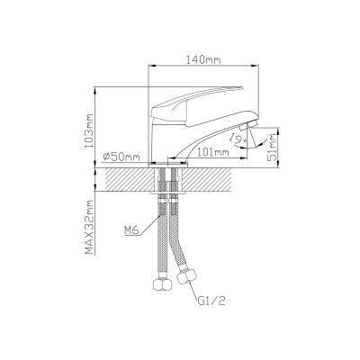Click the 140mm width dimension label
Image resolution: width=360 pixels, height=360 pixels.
pos(203,59)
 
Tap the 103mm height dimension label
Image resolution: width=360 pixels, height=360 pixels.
pos(89,130)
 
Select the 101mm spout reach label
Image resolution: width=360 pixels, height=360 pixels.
pos(213,152)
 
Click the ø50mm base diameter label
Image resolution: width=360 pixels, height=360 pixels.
pos(121,157)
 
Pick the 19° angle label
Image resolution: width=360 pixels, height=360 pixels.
pos(237,139)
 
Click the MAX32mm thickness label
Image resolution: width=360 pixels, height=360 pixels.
pos(89,227)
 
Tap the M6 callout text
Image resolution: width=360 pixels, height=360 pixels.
pos(130,230)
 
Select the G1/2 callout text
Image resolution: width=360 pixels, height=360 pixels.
pos(211,301)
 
